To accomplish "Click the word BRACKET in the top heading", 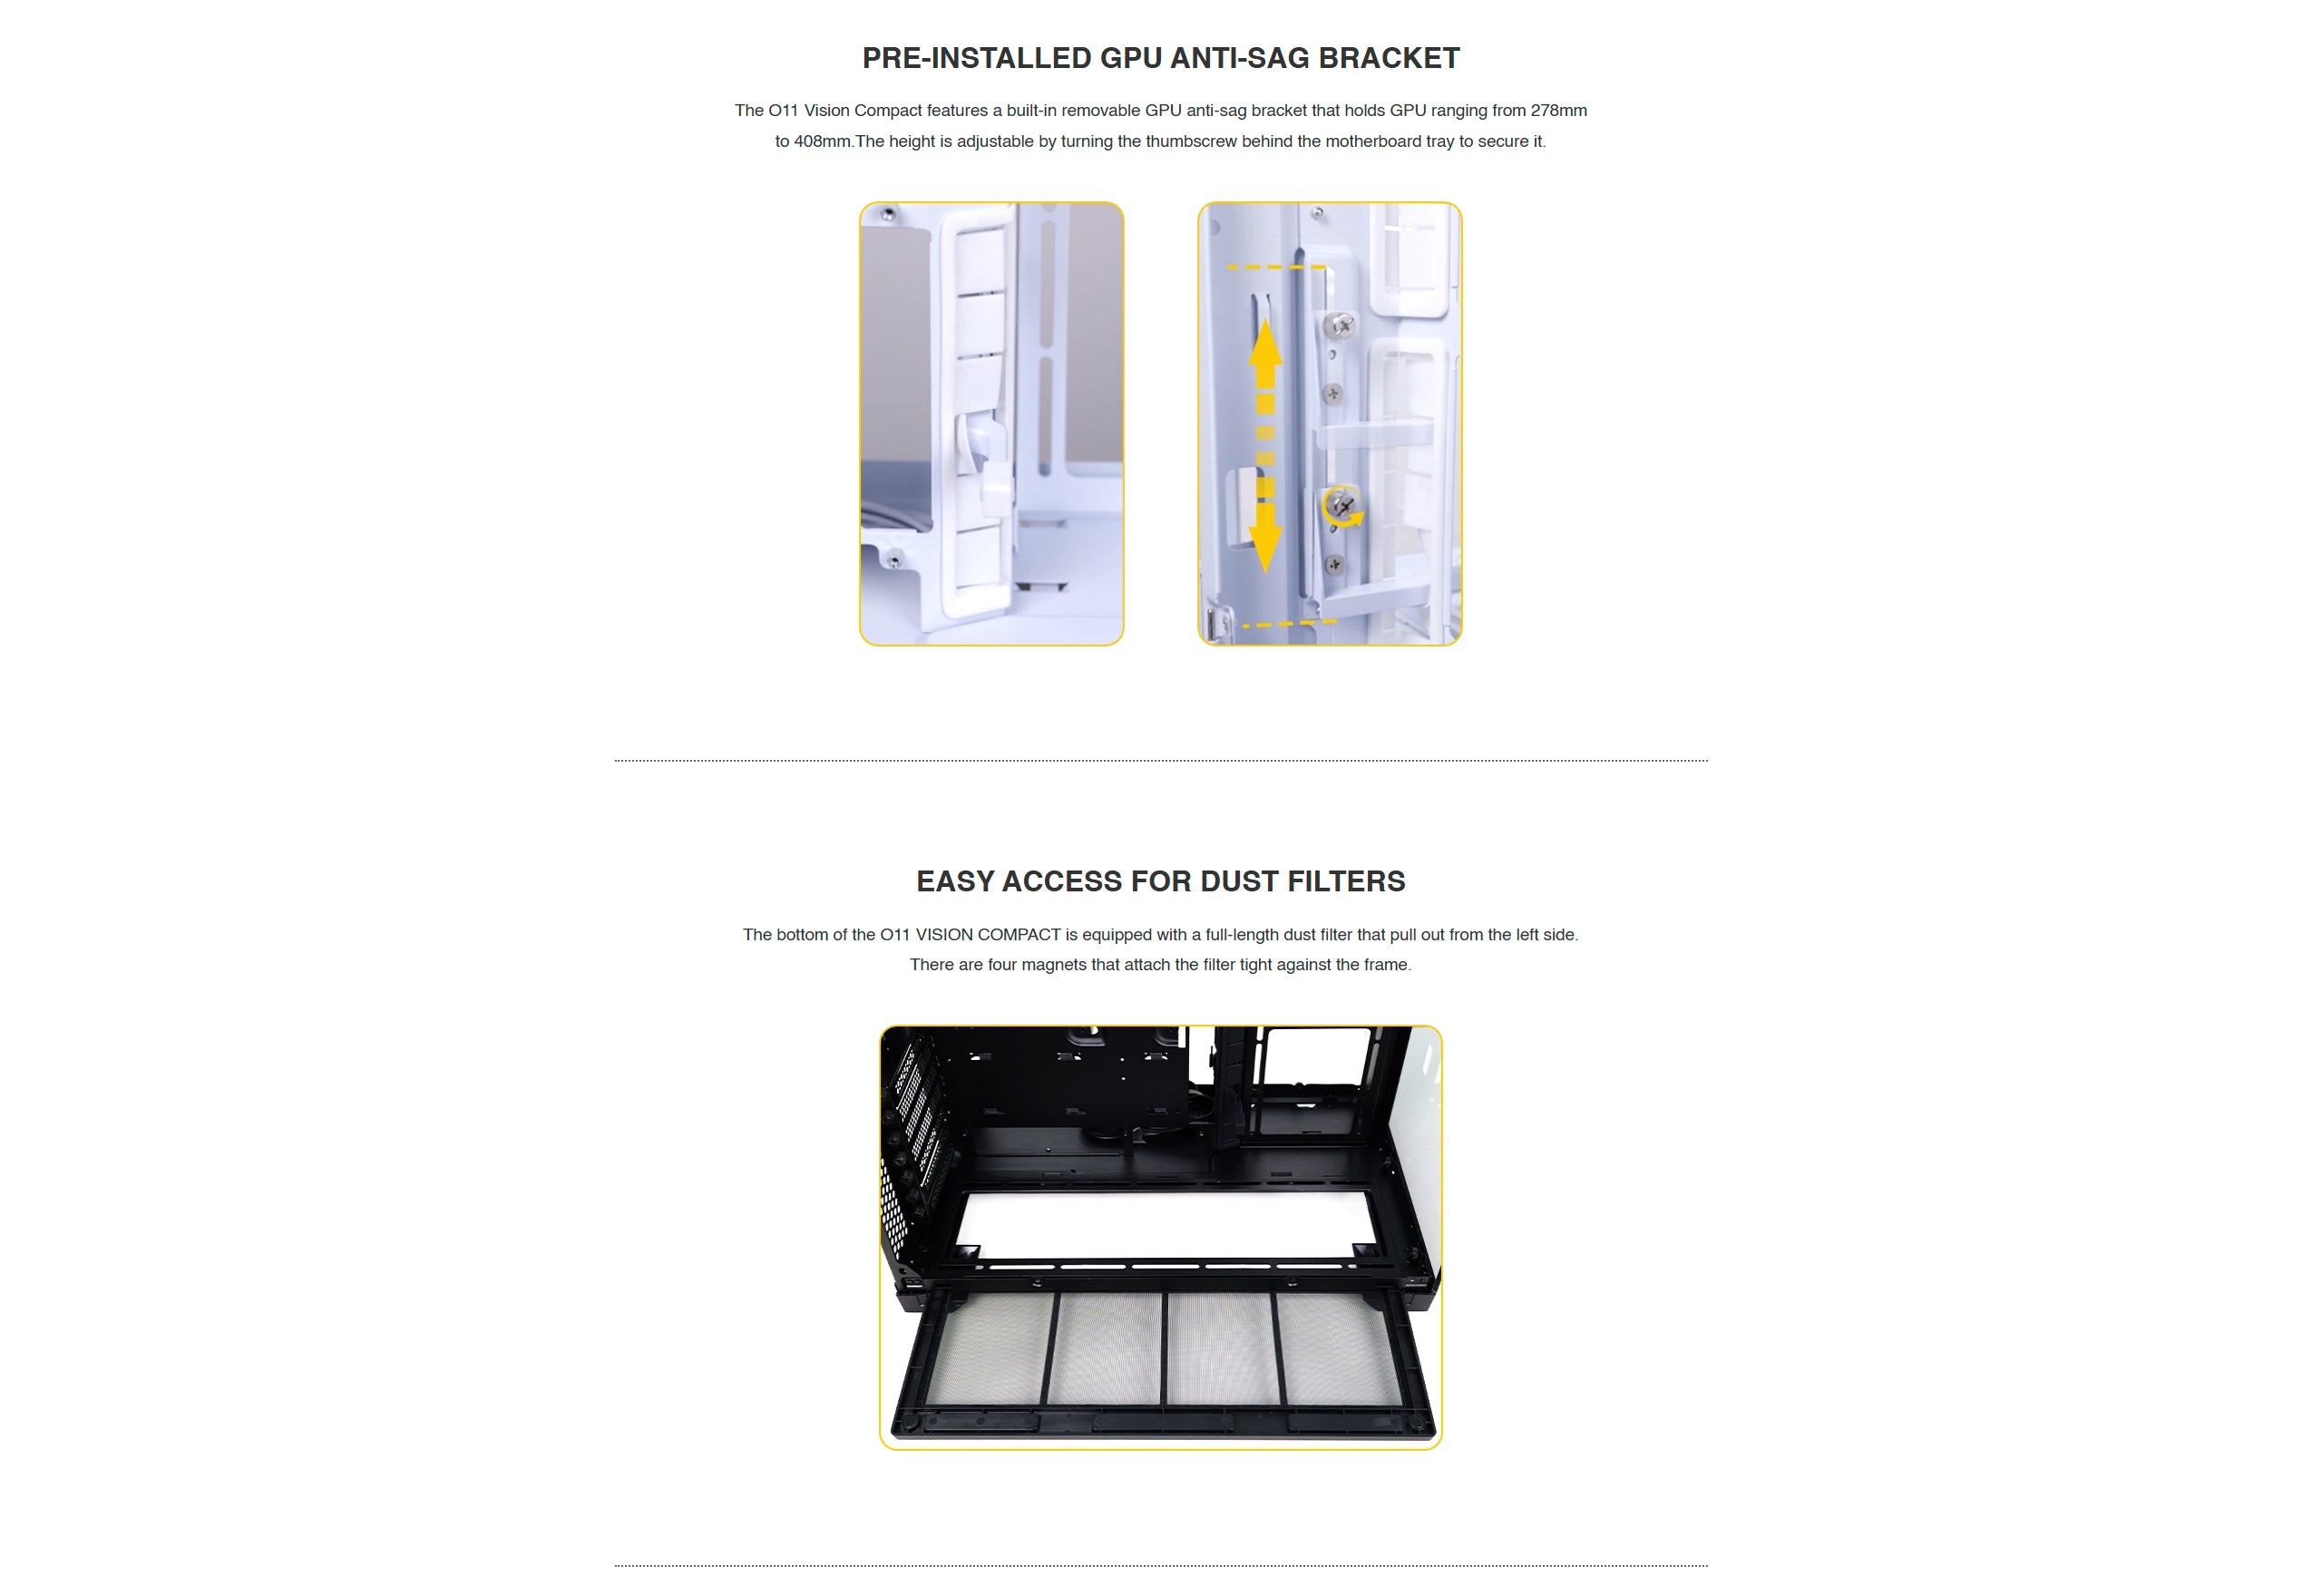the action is click(1390, 58).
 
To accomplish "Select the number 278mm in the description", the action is click(1558, 110).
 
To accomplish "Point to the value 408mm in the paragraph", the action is click(823, 141).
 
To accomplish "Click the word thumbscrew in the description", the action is click(1192, 141).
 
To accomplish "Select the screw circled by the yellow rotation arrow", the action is click(1342, 506).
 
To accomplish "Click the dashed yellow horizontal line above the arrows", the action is click(1276, 267).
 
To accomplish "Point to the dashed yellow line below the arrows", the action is click(1290, 624).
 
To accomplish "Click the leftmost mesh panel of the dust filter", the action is click(988, 1348).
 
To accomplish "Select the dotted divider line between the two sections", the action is click(1160, 761).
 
